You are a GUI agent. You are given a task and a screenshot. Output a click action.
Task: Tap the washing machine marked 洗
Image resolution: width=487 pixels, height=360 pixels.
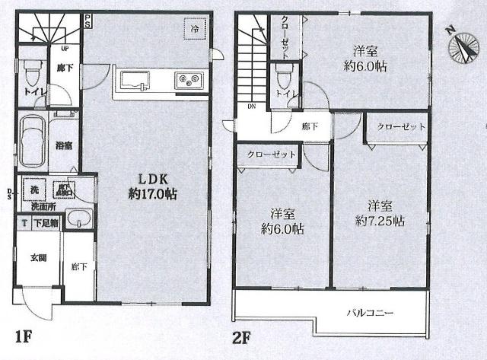coord(34,190)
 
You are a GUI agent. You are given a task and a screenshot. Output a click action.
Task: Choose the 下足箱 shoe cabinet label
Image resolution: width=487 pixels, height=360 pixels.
coord(42,223)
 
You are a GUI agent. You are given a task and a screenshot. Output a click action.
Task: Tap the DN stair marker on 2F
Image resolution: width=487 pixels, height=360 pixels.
coord(250,107)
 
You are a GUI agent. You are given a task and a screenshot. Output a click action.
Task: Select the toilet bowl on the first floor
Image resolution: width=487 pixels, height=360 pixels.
coord(32,75)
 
